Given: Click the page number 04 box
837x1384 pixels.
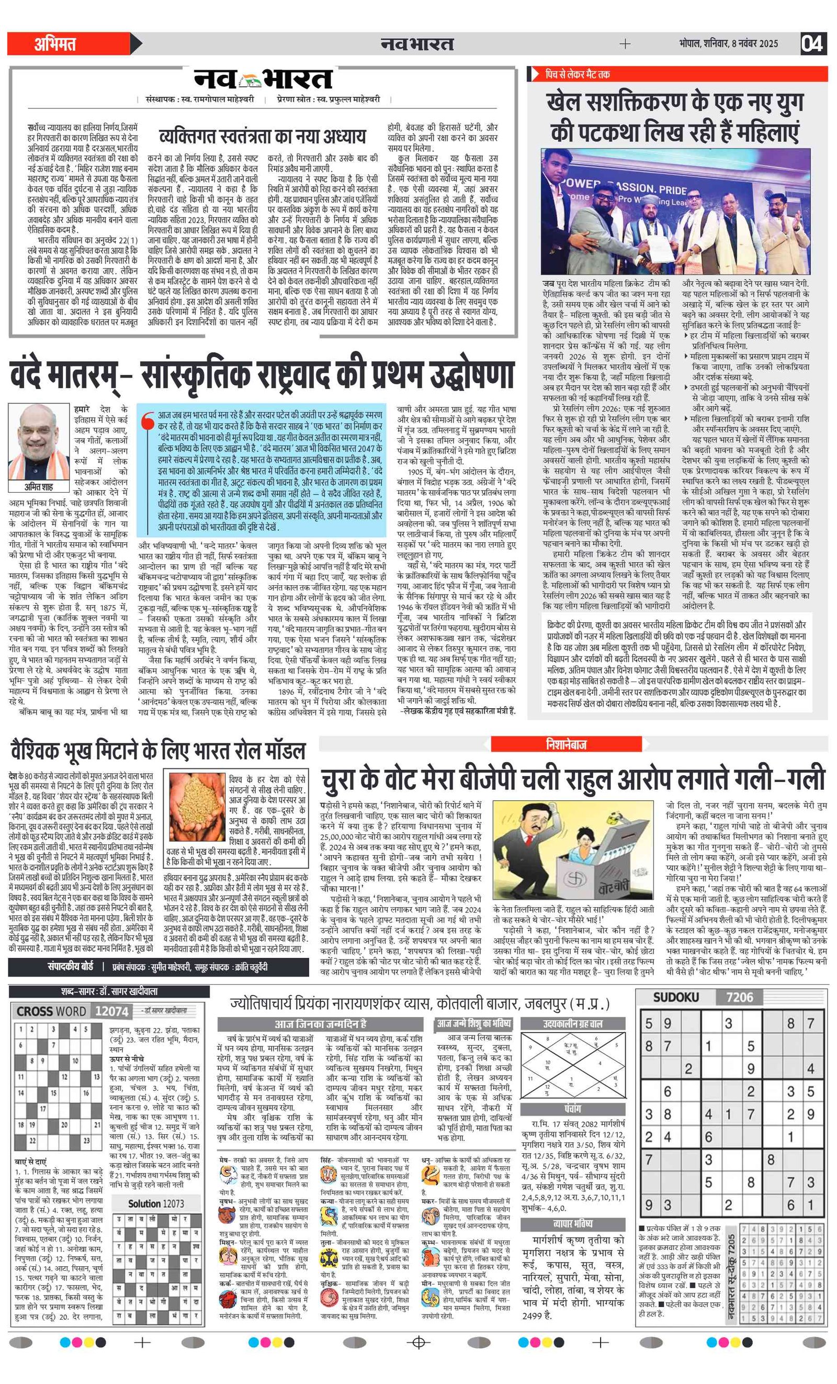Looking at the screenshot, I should pyautogui.click(x=812, y=43).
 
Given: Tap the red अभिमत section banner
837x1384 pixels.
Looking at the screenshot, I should pyautogui.click(x=67, y=44).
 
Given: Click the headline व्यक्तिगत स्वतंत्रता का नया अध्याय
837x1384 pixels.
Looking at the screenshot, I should pyautogui.click(x=262, y=137).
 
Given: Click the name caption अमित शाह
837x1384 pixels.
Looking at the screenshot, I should pyautogui.click(x=38, y=487).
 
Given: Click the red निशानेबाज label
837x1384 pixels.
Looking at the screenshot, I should pyautogui.click(x=566, y=744).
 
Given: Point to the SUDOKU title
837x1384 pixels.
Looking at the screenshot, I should pyautogui.click(x=676, y=997).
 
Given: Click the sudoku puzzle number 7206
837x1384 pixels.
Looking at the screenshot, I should pyautogui.click(x=739, y=997).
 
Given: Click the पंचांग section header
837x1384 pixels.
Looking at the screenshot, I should pyautogui.click(x=573, y=1109).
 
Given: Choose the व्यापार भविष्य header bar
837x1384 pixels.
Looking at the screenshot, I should pyautogui.click(x=573, y=1223).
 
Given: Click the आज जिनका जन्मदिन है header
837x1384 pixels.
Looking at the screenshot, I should pyautogui.click(x=320, y=1023).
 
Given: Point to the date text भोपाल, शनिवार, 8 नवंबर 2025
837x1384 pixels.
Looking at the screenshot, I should pyautogui.click(x=728, y=43).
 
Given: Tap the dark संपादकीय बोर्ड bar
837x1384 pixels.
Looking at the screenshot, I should pyautogui.click(x=159, y=967).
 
